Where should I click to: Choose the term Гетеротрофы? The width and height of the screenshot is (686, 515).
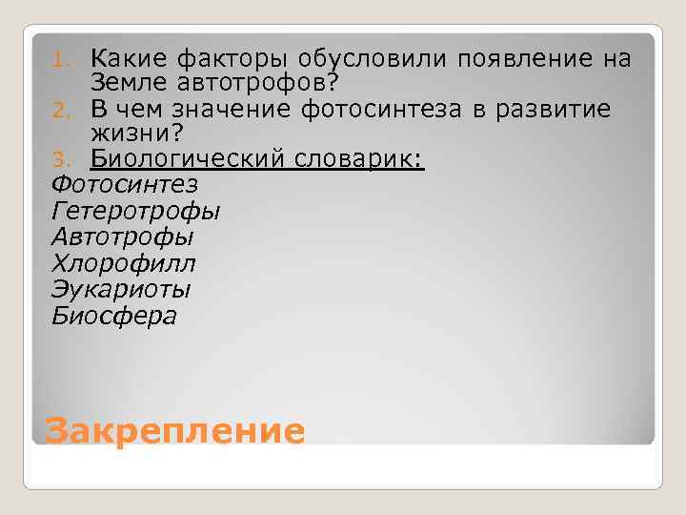135,210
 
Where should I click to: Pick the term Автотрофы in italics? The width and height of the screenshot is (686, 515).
122,236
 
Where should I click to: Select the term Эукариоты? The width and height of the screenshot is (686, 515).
121,288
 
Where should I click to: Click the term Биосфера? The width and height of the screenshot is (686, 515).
113,315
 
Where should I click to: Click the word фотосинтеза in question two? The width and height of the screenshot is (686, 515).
381,110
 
